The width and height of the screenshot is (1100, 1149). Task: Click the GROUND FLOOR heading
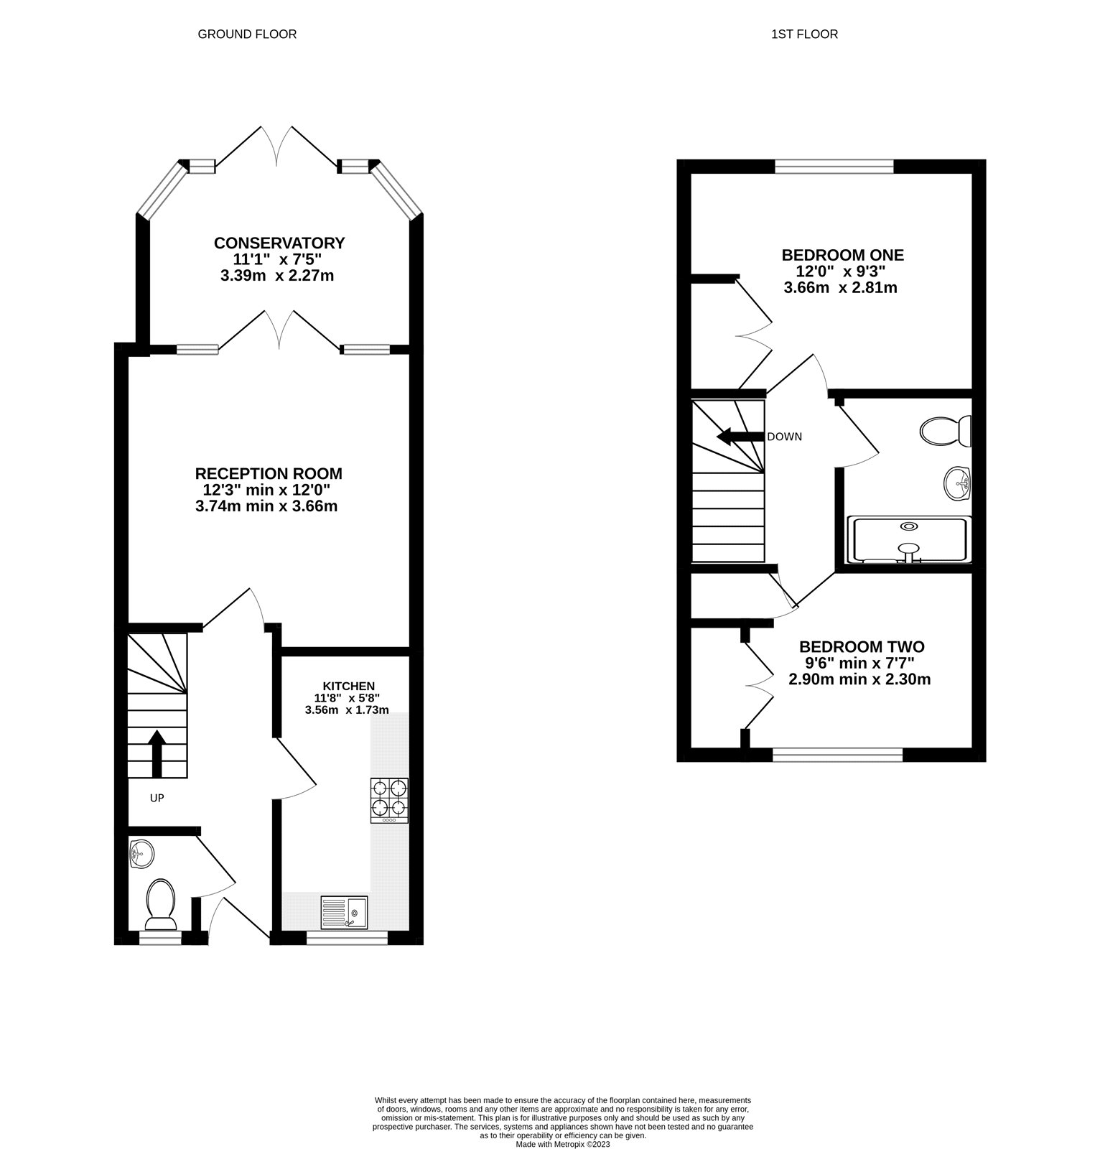pos(247,34)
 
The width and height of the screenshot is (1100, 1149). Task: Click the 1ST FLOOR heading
pos(804,34)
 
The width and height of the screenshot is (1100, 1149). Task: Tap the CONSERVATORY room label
pos(279,243)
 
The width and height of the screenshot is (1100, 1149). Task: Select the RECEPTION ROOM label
pos(269,474)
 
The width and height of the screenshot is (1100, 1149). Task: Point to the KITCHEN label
pos(348,686)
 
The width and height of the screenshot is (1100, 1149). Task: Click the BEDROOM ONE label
pos(842,255)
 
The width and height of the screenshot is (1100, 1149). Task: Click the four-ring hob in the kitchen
pos(389,800)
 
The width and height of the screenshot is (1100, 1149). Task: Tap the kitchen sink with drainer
pos(344,912)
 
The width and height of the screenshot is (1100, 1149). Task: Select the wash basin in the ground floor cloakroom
pos(141,855)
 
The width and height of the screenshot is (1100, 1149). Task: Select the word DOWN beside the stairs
pos(784,437)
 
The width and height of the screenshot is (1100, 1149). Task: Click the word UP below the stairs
pos(157,797)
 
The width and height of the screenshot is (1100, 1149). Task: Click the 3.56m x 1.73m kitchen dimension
pos(347,710)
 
